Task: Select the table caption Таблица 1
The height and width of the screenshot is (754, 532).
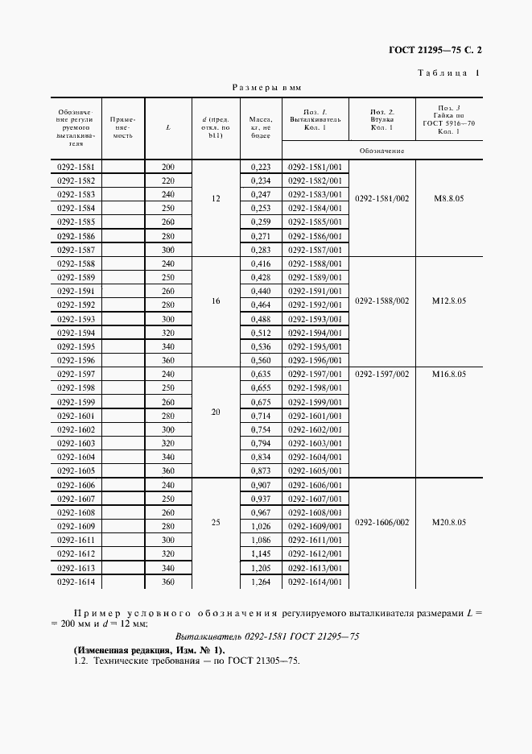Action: point(449,73)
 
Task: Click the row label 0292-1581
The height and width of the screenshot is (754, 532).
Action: point(76,167)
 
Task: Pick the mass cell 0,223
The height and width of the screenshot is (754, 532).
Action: point(260,167)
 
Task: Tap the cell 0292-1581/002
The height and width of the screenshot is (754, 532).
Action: point(381,197)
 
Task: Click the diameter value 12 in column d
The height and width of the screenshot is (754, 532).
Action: point(216,197)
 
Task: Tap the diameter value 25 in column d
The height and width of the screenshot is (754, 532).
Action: point(216,522)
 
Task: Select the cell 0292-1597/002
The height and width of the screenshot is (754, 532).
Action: point(381,374)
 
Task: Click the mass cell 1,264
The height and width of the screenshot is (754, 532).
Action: point(260,582)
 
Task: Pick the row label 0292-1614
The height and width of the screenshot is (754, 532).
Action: point(76,582)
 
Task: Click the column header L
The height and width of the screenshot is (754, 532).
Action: point(167,127)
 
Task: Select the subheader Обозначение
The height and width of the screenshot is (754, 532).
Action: point(381,151)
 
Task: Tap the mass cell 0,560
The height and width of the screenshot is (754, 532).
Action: point(260,360)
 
